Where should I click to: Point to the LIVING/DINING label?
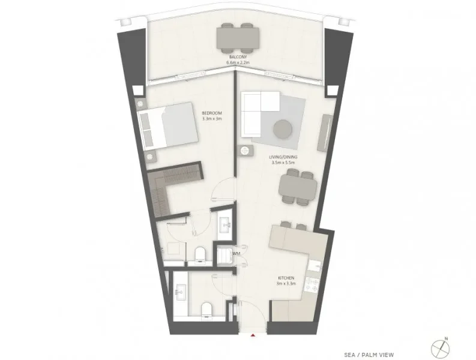[285, 157]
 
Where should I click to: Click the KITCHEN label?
[285, 278]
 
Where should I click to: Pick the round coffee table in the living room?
[283, 129]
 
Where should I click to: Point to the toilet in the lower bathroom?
[206, 308]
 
